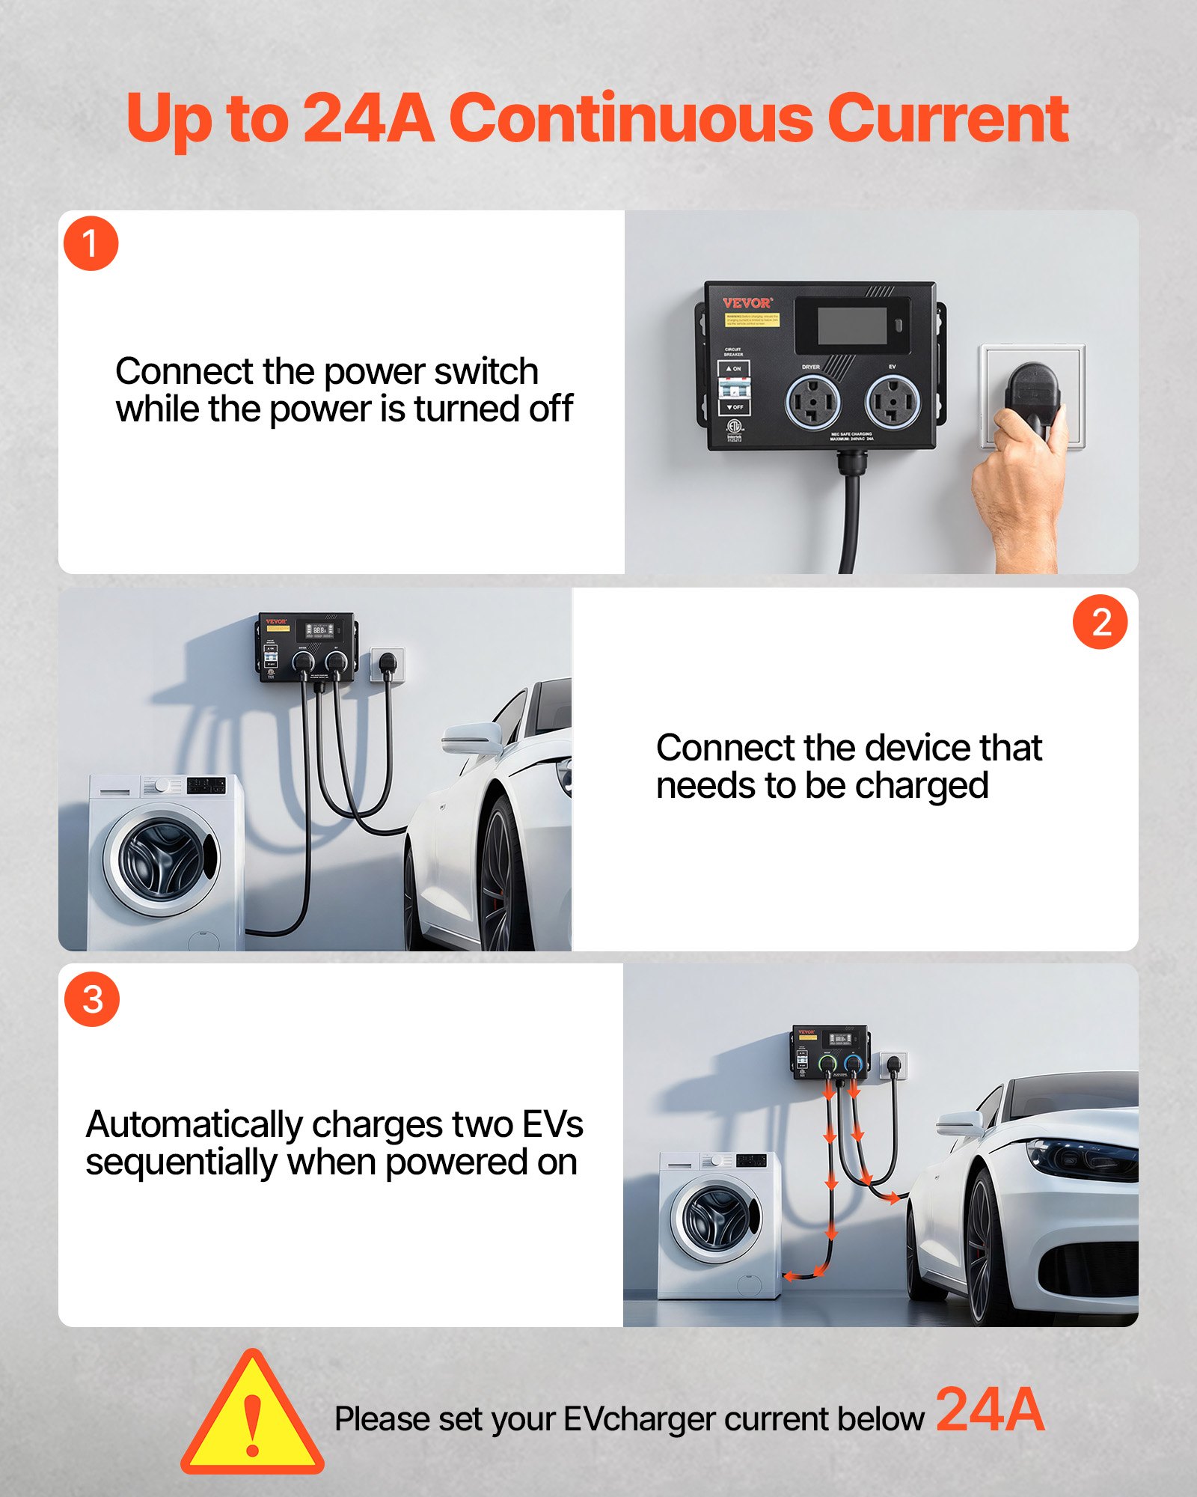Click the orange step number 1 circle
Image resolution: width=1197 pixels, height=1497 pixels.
[x=91, y=244]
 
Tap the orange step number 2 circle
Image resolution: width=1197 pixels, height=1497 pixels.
[x=1100, y=622]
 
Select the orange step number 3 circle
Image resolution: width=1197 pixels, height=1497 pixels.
[x=92, y=1000]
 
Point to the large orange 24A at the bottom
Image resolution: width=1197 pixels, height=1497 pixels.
[x=989, y=1410]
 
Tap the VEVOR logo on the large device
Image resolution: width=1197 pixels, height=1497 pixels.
[x=747, y=303]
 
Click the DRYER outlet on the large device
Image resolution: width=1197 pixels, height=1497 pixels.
[x=812, y=402]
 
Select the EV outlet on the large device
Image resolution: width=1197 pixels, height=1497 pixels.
[x=893, y=402]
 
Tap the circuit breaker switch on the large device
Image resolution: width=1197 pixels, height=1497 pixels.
[x=734, y=388]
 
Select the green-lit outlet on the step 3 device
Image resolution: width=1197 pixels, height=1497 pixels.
[x=827, y=1064]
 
